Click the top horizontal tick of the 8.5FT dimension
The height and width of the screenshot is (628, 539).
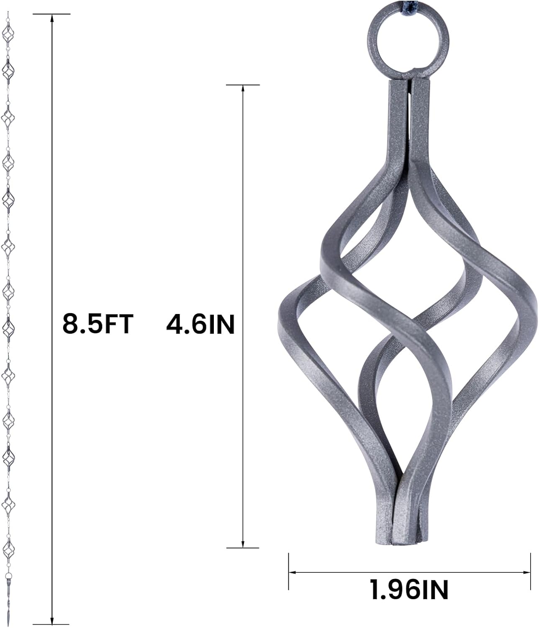point(52,14)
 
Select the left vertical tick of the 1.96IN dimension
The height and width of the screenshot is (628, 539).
point(289,572)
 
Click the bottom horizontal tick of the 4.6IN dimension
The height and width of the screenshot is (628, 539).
point(243,548)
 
